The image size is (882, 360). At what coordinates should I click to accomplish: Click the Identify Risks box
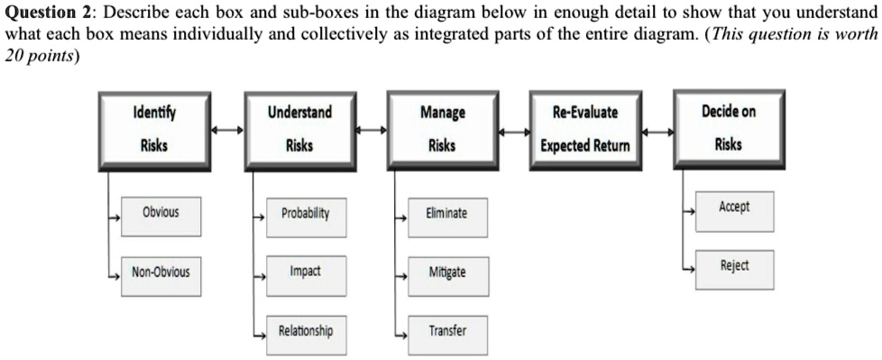coord(154,129)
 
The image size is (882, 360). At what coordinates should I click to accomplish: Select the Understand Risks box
coord(299,129)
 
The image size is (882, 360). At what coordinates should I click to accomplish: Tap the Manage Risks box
coord(442,129)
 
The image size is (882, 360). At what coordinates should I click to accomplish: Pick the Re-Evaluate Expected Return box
coord(585,129)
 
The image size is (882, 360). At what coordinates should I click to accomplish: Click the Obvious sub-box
coord(161,214)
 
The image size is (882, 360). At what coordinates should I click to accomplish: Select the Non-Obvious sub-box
coord(161,272)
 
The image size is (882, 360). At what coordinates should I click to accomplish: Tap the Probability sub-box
coord(306,216)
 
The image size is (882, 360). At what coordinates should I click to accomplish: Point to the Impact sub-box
coord(306,272)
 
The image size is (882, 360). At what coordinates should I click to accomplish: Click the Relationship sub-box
coord(306,332)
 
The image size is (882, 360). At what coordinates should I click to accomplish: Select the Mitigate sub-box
coord(447,273)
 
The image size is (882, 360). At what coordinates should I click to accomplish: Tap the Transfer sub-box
coord(447,332)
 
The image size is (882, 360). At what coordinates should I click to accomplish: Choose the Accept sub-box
coord(734,208)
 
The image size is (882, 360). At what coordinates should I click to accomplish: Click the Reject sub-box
coord(734,267)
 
